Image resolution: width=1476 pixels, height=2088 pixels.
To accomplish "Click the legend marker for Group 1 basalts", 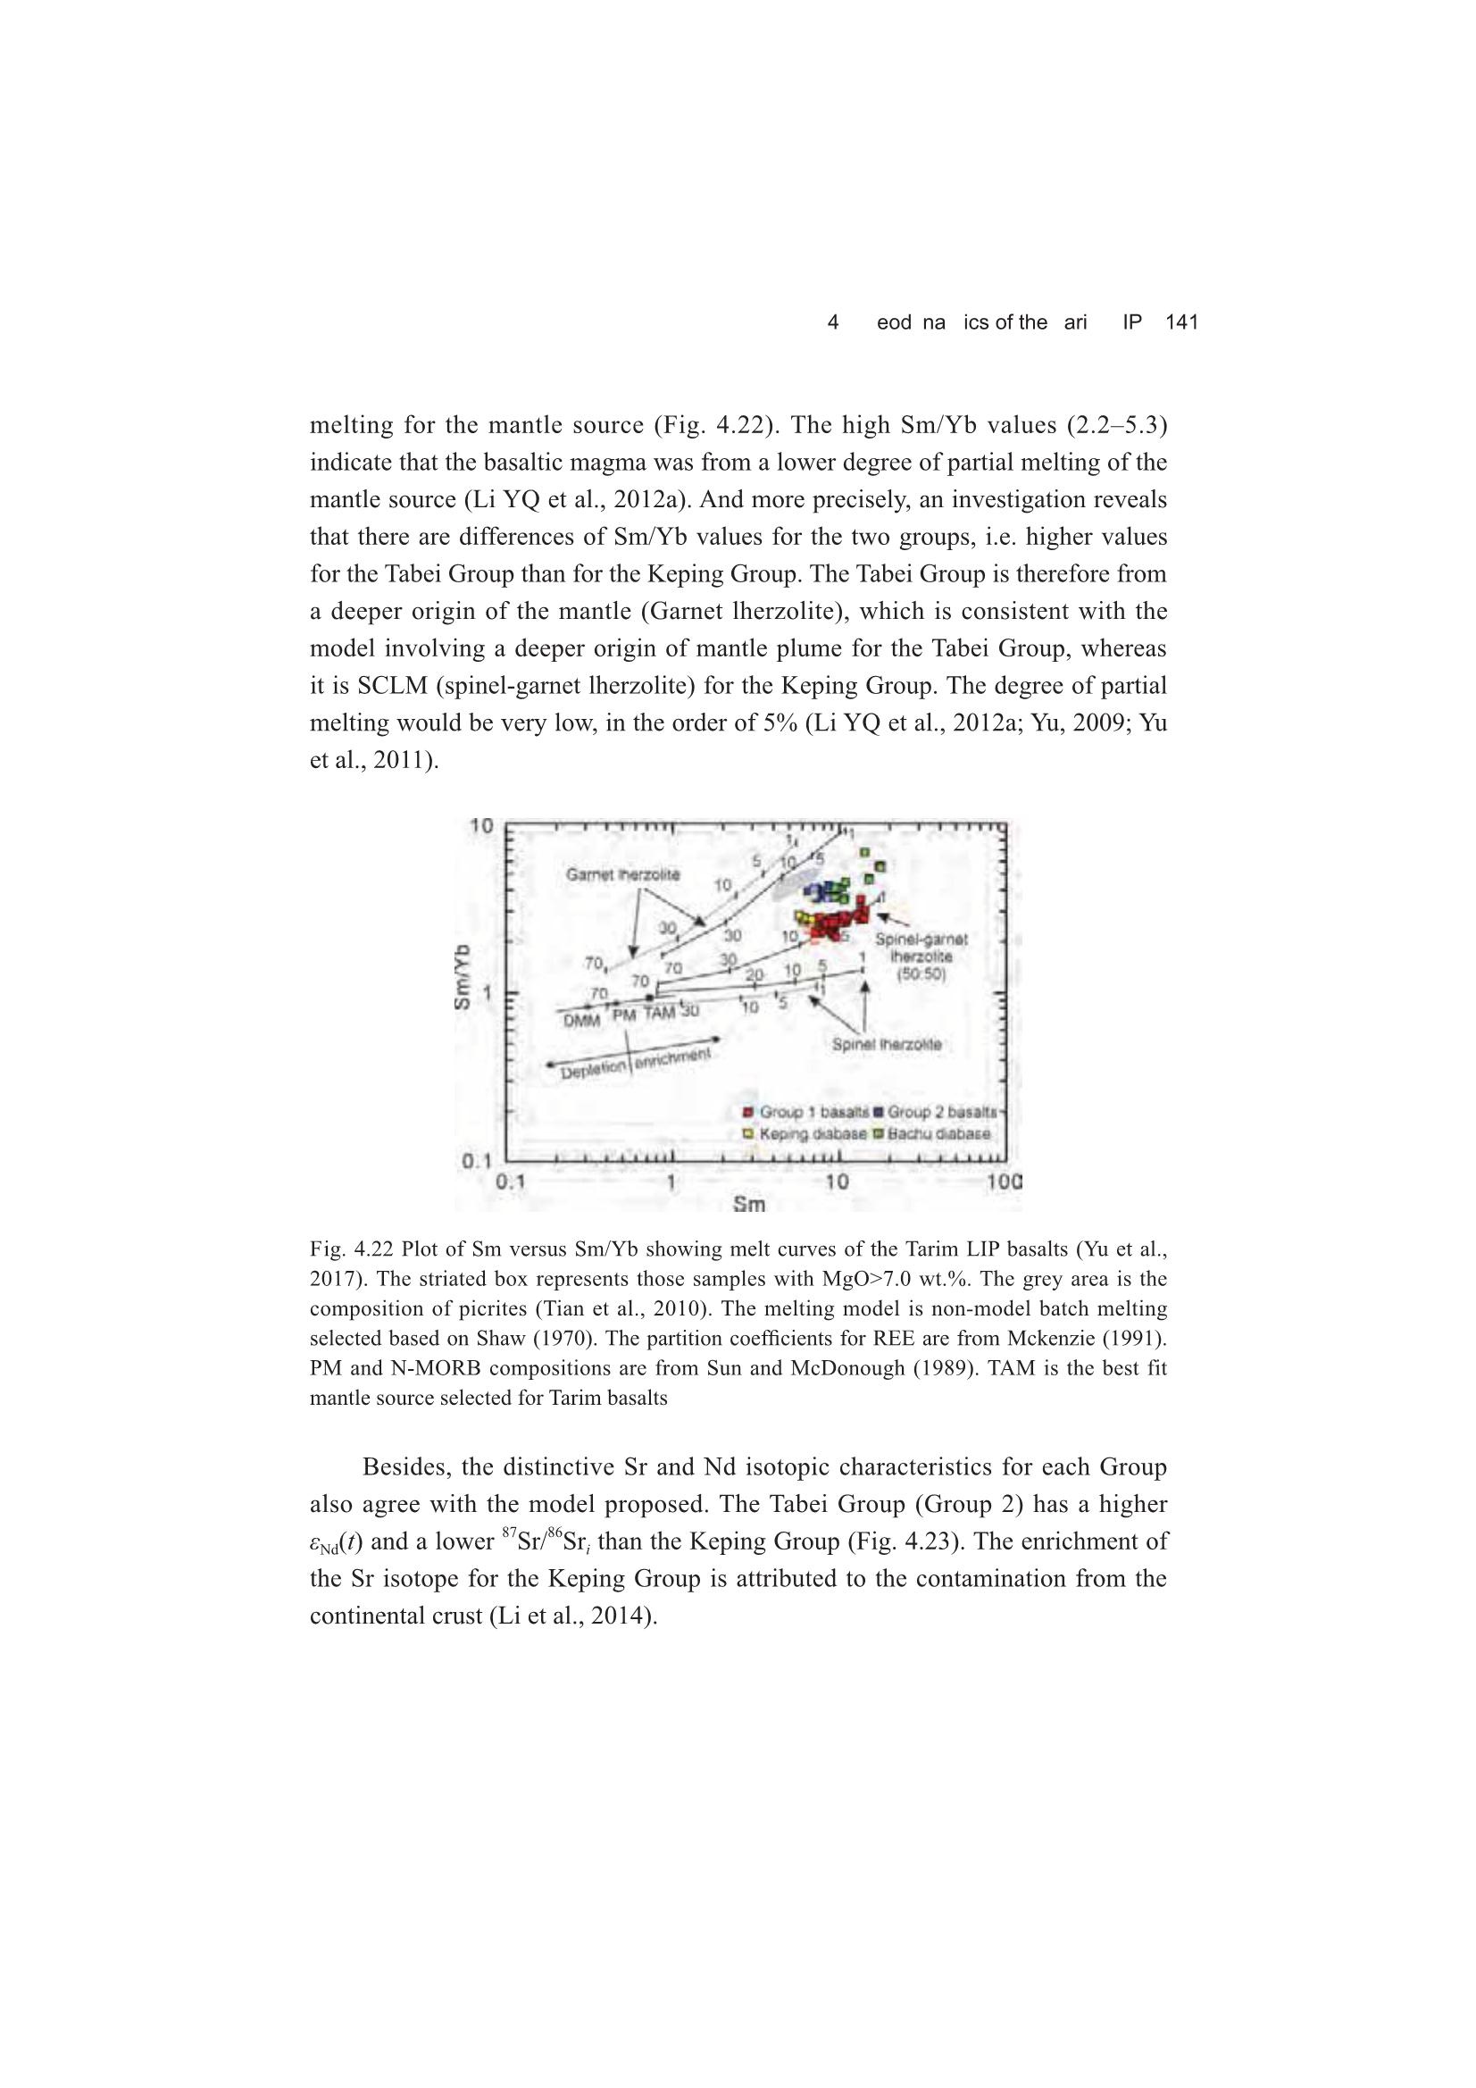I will (x=747, y=1112).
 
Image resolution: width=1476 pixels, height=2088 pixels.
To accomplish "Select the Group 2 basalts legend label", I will (x=940, y=1112).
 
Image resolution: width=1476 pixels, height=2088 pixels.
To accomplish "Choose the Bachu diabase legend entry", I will (x=938, y=1134).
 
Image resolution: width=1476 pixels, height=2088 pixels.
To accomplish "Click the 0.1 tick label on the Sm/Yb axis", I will (x=477, y=1161).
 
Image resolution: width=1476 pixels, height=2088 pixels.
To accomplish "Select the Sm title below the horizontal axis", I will (x=748, y=1205).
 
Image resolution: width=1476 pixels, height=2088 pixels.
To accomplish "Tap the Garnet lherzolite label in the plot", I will (x=622, y=875).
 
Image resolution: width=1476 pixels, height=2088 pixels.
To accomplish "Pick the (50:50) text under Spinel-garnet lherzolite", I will (x=921, y=974).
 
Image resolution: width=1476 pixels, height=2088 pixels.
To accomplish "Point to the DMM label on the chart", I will (x=581, y=1021).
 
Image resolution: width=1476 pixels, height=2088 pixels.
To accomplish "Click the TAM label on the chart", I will (x=659, y=1013).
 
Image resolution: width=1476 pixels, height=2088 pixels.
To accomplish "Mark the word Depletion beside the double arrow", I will (x=593, y=1071).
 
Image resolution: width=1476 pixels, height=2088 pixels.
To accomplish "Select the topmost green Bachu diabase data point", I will (x=865, y=852).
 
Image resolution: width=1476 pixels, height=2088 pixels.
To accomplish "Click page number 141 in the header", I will (x=1181, y=322).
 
